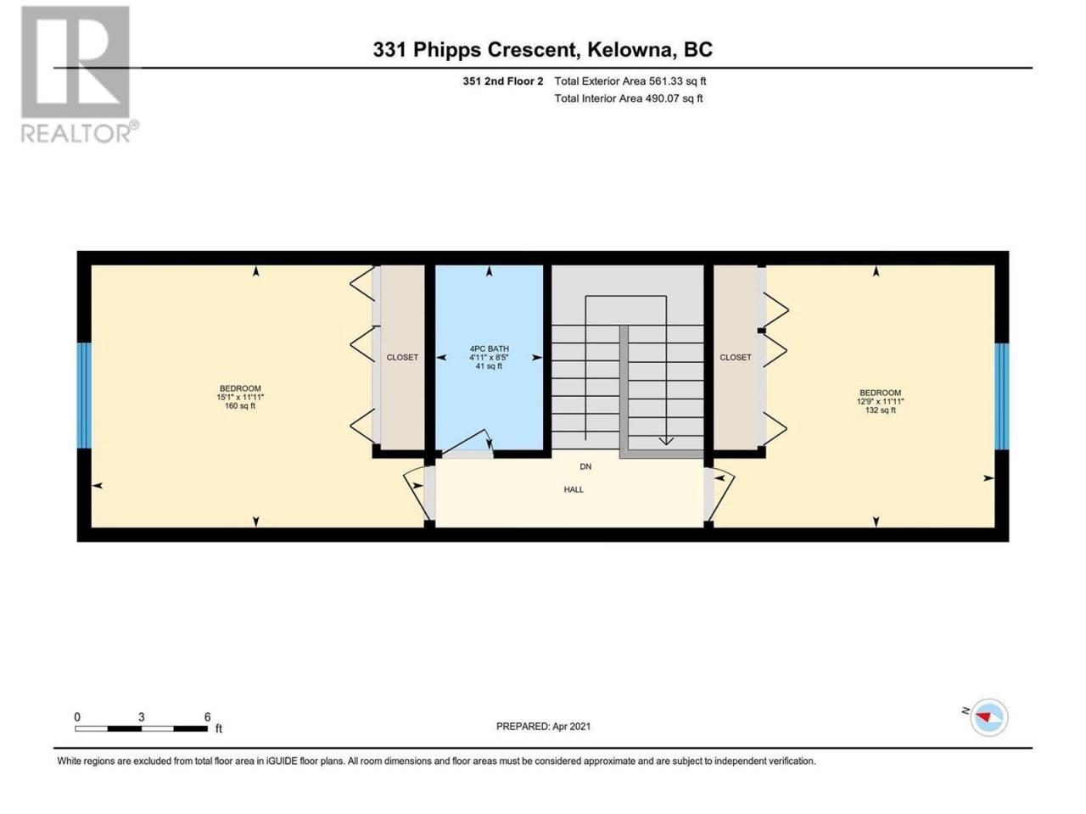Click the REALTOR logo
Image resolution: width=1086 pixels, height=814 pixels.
pos(79,74)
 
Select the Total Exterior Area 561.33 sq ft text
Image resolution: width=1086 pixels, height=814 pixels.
pos(630,81)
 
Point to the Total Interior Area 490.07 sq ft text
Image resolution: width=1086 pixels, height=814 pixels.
pos(629,98)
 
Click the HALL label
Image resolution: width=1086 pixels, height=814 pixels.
pos(574,489)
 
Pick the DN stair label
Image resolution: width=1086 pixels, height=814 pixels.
pos(585,466)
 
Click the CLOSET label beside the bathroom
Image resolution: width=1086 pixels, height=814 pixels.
pos(402,357)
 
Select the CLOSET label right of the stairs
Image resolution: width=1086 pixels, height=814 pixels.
pos(736,357)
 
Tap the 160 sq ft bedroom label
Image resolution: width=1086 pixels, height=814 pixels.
pos(240,398)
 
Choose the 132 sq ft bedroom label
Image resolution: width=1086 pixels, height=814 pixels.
pos(880,401)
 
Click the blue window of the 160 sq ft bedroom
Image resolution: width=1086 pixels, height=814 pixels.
pos(85,396)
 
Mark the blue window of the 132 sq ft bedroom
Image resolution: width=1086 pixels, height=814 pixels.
pos(1001,396)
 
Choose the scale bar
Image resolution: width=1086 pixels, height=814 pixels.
pos(142,728)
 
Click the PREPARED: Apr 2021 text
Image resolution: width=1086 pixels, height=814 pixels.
pos(543,727)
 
